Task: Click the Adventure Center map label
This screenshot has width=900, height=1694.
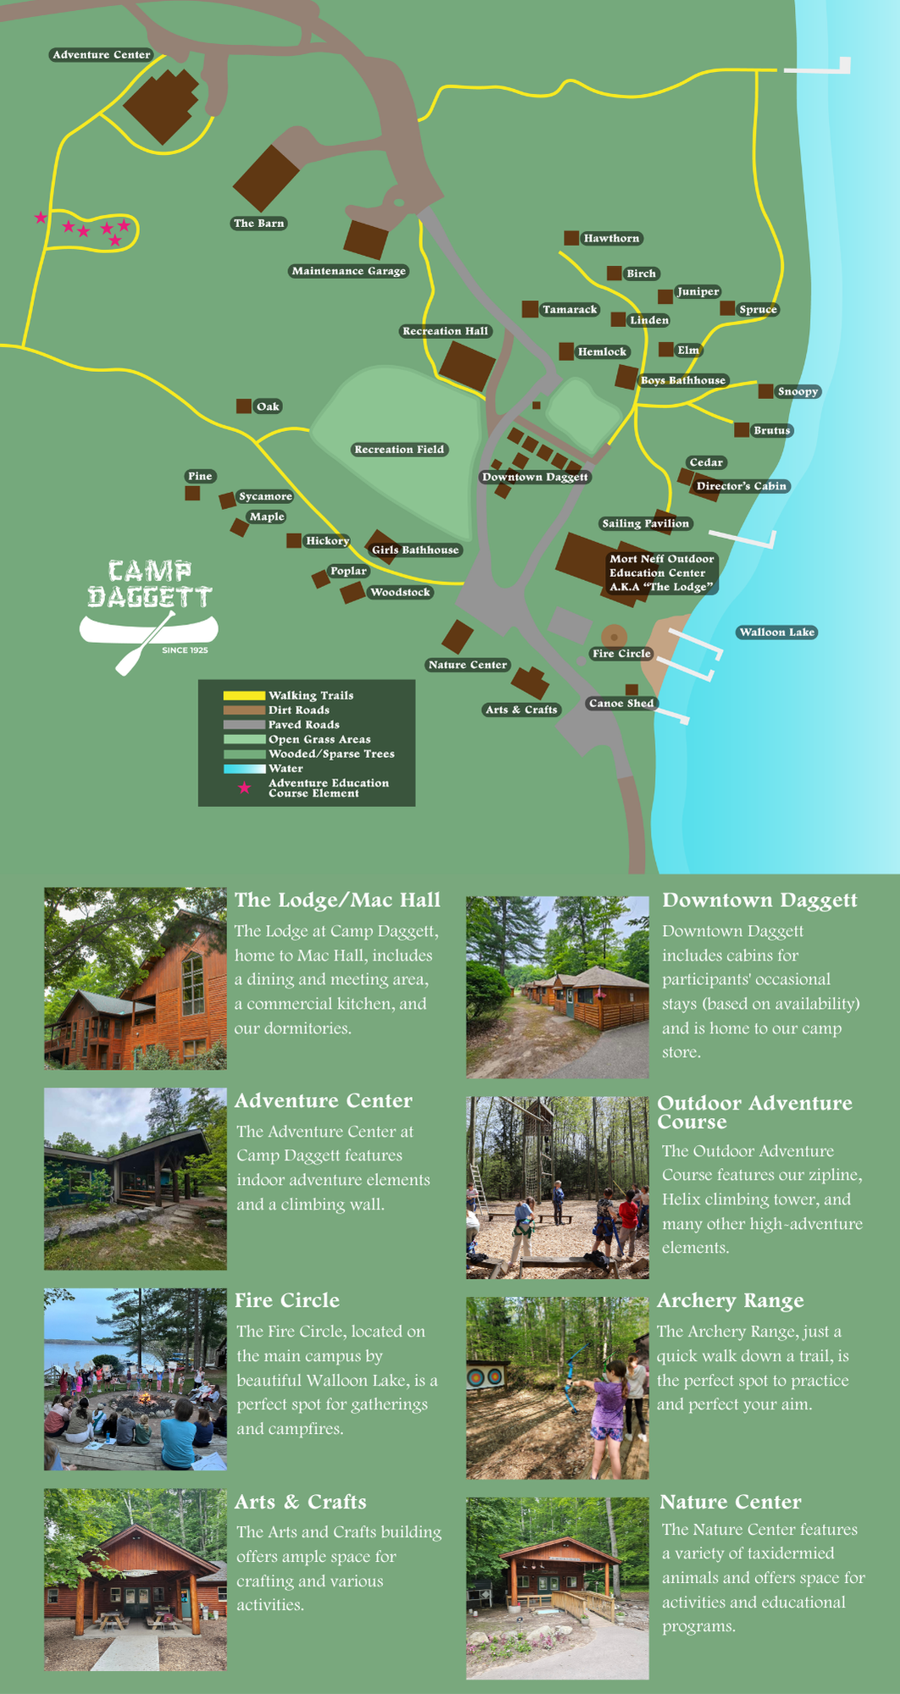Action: click(101, 55)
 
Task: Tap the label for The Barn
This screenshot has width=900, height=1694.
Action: click(258, 224)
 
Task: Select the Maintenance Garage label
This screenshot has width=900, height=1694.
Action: click(348, 271)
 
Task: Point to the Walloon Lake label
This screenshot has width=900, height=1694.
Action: click(776, 632)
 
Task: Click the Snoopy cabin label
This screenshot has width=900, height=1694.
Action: click(797, 391)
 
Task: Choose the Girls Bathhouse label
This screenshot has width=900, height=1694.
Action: click(415, 550)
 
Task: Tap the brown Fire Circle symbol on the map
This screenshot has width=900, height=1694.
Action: click(614, 636)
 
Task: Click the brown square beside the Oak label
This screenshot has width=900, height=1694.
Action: click(243, 407)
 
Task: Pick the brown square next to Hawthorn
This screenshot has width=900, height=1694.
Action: click(571, 238)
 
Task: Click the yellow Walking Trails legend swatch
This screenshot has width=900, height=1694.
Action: click(244, 695)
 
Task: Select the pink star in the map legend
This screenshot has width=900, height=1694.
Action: click(244, 789)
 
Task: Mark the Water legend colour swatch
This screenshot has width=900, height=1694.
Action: click(244, 768)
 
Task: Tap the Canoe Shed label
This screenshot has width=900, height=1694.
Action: click(621, 703)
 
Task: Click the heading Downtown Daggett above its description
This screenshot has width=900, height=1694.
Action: click(759, 900)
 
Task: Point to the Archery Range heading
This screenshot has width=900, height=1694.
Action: click(730, 1301)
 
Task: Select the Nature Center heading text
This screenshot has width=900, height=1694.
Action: click(730, 1502)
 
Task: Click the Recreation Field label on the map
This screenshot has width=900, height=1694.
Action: click(399, 450)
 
